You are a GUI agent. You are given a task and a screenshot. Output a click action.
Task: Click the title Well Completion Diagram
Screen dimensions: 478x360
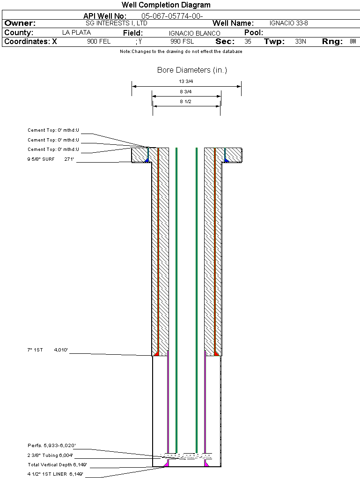166,5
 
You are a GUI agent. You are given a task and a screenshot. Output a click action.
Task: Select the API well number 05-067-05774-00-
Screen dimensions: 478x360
172,16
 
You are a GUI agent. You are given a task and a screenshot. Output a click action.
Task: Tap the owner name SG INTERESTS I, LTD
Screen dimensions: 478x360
117,23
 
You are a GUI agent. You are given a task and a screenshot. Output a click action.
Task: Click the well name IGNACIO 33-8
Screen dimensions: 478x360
289,23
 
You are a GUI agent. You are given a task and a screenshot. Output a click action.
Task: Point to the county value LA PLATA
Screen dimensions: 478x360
76,33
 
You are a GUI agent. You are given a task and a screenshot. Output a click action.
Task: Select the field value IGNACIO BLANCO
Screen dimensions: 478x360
194,33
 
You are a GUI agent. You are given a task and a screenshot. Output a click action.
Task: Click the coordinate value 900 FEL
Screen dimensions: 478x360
99,42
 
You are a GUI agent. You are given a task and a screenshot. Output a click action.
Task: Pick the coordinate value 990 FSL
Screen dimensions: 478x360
182,42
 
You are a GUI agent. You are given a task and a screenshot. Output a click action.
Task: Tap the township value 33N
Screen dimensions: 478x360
301,42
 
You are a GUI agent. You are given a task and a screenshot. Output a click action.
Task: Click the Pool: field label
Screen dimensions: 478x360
254,33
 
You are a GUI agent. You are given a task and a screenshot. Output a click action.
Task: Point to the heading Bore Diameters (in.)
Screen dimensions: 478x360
192,70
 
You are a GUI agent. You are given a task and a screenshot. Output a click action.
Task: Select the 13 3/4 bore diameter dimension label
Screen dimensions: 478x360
186,82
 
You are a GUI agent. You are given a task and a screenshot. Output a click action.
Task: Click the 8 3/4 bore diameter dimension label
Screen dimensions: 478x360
186,91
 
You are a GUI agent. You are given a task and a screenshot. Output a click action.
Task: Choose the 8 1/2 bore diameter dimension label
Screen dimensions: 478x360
186,101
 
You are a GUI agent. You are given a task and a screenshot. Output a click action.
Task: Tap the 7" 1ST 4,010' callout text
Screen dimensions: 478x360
48,350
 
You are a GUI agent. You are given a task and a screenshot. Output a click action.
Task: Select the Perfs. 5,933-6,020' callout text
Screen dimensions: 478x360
51,445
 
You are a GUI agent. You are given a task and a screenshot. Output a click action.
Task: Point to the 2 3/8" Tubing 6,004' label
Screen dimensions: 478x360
50,455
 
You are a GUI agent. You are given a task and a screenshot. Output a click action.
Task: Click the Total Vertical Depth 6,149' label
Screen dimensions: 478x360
57,465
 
